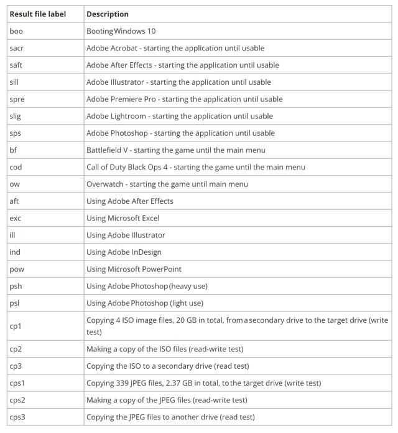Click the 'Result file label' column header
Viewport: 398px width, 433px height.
click(x=37, y=14)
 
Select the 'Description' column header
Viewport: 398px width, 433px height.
click(x=108, y=14)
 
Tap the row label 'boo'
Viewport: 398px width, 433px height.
click(x=16, y=31)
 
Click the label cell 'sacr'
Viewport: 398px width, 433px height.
click(x=17, y=48)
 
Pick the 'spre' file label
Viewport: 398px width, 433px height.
click(x=17, y=99)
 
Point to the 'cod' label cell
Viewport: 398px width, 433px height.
click(x=16, y=167)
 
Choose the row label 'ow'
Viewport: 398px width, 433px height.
click(x=15, y=184)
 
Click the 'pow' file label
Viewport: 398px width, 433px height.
click(x=17, y=269)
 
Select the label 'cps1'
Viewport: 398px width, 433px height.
click(x=17, y=383)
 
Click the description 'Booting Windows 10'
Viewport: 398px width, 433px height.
click(x=121, y=31)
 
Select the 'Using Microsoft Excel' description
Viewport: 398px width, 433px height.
click(x=123, y=218)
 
